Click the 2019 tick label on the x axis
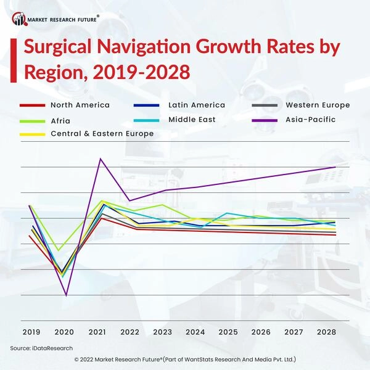click(31, 332)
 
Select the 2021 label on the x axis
click(97, 332)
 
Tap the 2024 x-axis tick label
click(195, 332)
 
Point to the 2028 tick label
click(327, 332)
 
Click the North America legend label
click(80, 105)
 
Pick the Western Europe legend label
click(318, 105)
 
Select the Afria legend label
click(60, 120)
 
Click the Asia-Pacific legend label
click(311, 119)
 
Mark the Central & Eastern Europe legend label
click(102, 133)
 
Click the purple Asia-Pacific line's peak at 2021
click(101, 159)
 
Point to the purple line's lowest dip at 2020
click(66, 295)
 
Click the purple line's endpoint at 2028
click(335, 167)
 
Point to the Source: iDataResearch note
click(41, 348)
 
